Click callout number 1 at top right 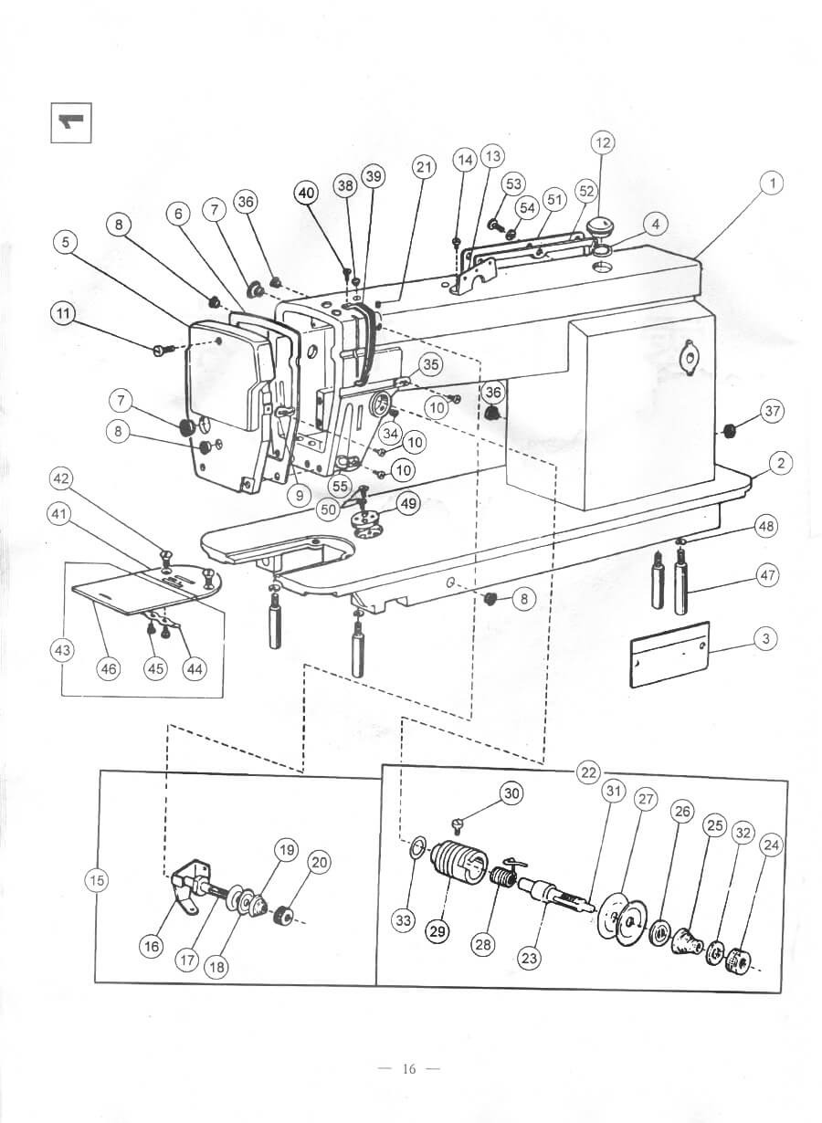(x=773, y=184)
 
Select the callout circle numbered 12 (x=604, y=142)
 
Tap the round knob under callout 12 (x=599, y=226)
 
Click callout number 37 (x=772, y=411)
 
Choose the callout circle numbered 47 (x=768, y=575)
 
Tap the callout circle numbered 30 (x=511, y=793)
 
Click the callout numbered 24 (x=772, y=845)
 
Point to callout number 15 (x=97, y=880)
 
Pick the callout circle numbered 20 (x=319, y=862)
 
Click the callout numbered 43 (x=62, y=651)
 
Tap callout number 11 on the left (x=63, y=314)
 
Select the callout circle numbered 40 (x=308, y=194)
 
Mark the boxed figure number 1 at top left (x=71, y=123)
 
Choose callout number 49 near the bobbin (x=408, y=503)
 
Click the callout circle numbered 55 (x=340, y=486)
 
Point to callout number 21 (x=425, y=167)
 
